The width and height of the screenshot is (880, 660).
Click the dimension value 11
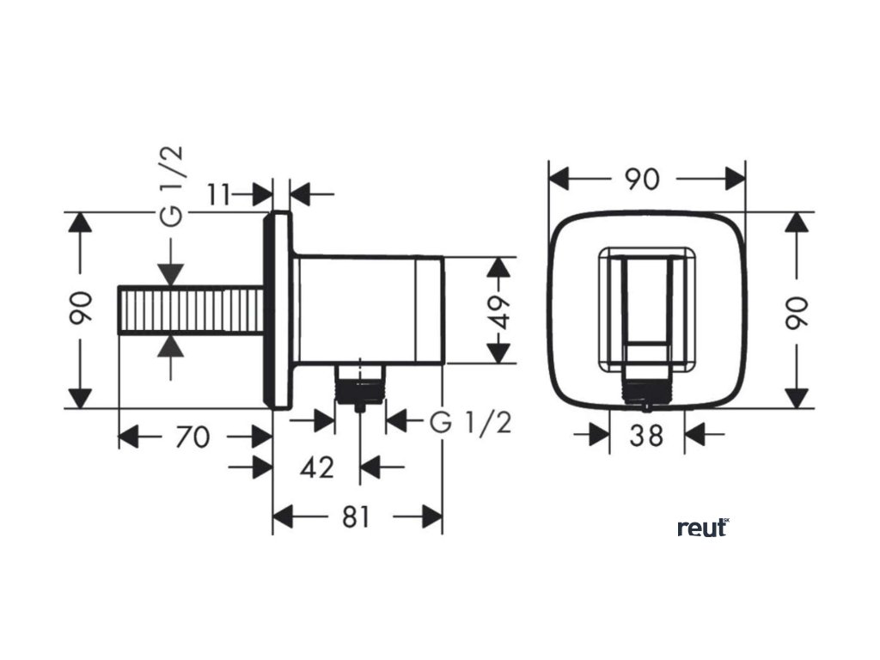click(220, 195)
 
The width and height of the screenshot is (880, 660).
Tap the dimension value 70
click(192, 437)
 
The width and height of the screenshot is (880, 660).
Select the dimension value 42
click(317, 467)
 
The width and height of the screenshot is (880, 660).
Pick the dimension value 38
click(646, 435)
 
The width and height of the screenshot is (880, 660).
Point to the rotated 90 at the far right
click(798, 310)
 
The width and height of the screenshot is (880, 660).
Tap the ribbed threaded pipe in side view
click(190, 310)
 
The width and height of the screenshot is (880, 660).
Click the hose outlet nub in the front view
click(646, 391)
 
